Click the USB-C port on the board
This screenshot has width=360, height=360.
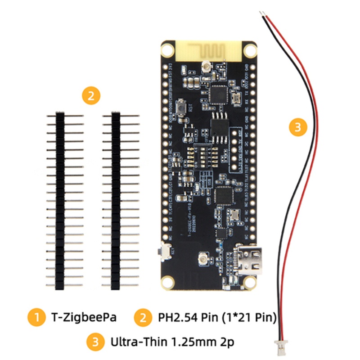(x=246, y=261)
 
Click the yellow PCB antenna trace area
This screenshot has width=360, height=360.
(x=208, y=49)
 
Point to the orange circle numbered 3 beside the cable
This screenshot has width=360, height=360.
(x=297, y=127)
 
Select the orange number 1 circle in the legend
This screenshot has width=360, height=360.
(x=36, y=318)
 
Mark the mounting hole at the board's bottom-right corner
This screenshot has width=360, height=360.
(x=247, y=282)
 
